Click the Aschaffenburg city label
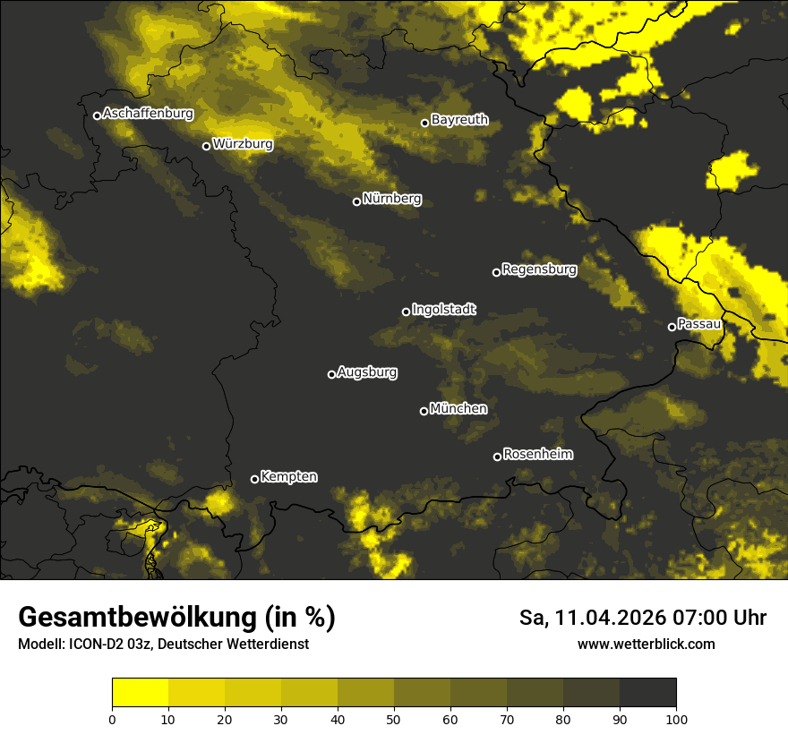pyautogui.click(x=148, y=114)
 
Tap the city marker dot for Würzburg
pyautogui.click(x=206, y=146)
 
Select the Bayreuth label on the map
pyautogui.click(x=459, y=119)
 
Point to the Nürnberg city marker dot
pyautogui.click(x=356, y=201)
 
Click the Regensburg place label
pyautogui.click(x=539, y=269)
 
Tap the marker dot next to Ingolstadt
pyautogui.click(x=406, y=312)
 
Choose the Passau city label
pyautogui.click(x=699, y=323)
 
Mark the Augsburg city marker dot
pyautogui.click(x=331, y=374)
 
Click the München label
pyautogui.click(x=458, y=408)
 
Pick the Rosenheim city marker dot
pyautogui.click(x=497, y=457)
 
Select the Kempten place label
pyautogui.click(x=288, y=476)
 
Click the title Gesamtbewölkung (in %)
pyautogui.click(x=176, y=618)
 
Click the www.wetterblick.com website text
pyautogui.click(x=646, y=644)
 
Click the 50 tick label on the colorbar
pyautogui.click(x=394, y=719)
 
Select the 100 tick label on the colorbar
pyautogui.click(x=676, y=719)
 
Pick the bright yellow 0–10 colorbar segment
pyautogui.click(x=140, y=693)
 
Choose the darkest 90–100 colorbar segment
pyautogui.click(x=647, y=693)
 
